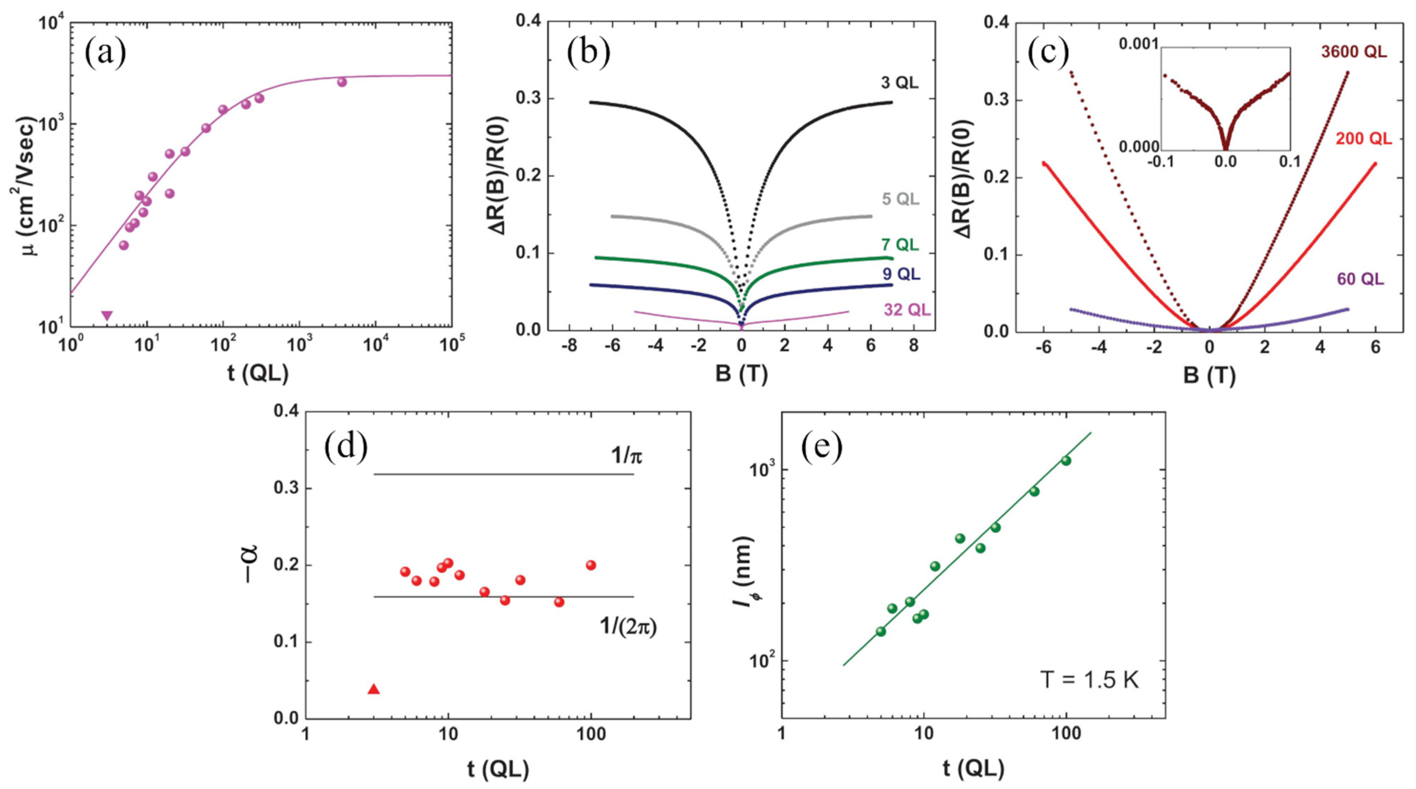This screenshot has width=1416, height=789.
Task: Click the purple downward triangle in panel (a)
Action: coord(107,315)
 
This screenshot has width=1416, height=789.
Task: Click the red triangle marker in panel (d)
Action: coord(374,689)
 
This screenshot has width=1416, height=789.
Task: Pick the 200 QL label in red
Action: coord(1363,139)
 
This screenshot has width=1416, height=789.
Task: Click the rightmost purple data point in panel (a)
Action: coord(342,82)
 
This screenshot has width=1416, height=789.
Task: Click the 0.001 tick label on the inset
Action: coord(1138,44)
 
